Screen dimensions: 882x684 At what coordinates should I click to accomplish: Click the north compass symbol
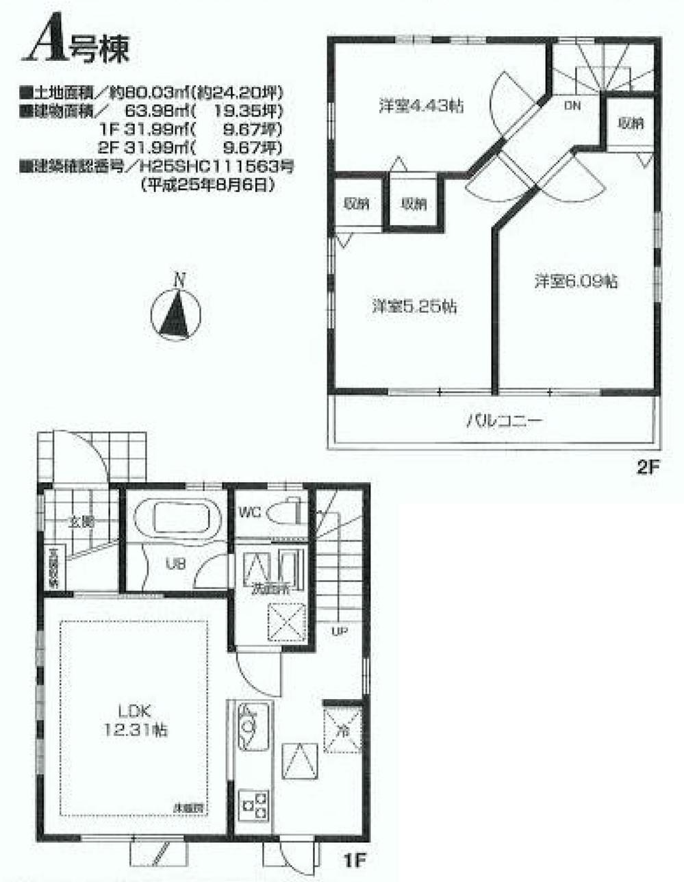(175, 314)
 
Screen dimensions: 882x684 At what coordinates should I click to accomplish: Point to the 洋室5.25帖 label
(414, 306)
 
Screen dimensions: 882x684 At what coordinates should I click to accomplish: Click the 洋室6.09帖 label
(577, 281)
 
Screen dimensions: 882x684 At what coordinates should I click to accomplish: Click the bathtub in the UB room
(177, 516)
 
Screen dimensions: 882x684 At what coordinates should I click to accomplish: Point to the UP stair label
(338, 631)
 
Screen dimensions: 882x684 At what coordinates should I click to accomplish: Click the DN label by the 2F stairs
(572, 105)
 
